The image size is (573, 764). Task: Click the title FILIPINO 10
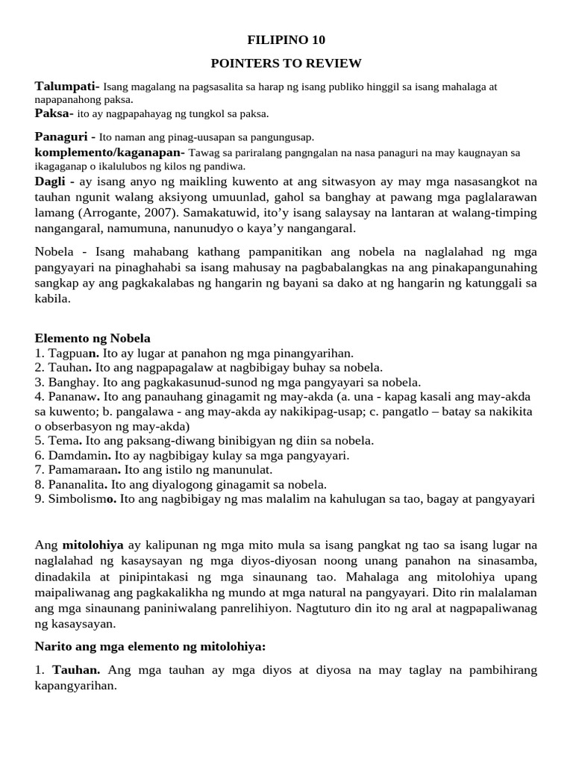pos(286,40)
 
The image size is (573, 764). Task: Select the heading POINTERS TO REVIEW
pos(286,63)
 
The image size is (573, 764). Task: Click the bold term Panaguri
pos(61,137)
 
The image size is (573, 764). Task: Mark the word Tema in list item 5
pos(64,441)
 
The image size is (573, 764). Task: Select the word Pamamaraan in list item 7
pos(85,470)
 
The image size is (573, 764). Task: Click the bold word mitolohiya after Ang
pos(91,545)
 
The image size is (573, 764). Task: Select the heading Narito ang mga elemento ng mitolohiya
pos(150,648)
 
